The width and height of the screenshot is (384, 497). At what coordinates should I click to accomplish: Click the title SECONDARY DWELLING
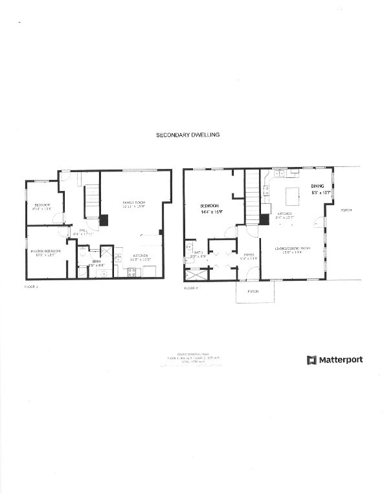point(188,135)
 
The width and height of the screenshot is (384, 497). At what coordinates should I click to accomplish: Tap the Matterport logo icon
point(311,359)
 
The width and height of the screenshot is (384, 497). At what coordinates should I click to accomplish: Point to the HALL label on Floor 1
point(84,229)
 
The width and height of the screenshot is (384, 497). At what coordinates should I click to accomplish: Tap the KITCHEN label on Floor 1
point(141,256)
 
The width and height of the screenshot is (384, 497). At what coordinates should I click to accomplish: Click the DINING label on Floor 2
point(318,185)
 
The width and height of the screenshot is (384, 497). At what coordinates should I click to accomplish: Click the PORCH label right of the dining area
point(345,210)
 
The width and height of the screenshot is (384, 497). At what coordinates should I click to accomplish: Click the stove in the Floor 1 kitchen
point(133,272)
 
